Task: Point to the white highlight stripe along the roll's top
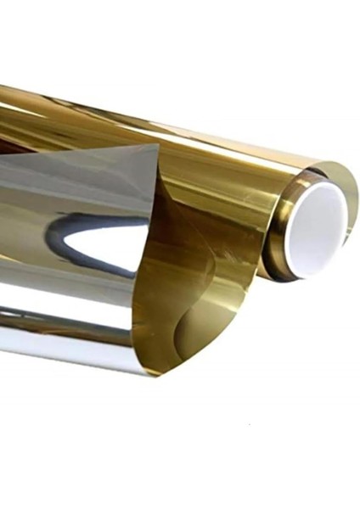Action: [170, 119]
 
